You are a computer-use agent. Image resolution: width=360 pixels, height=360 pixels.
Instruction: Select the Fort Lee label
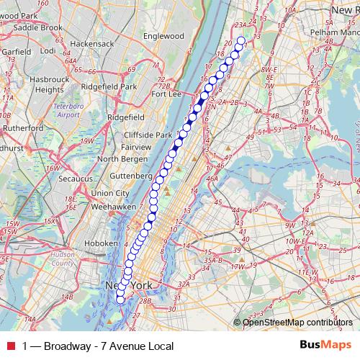tap(166, 94)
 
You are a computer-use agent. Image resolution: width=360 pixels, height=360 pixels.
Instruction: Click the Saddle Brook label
tap(38, 27)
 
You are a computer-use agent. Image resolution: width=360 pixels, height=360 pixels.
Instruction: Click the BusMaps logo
tap(326, 345)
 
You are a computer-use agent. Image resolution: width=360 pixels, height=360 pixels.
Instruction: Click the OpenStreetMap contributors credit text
tap(297, 322)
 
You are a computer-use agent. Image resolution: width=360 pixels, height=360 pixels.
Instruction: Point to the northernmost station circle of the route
tap(240, 41)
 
